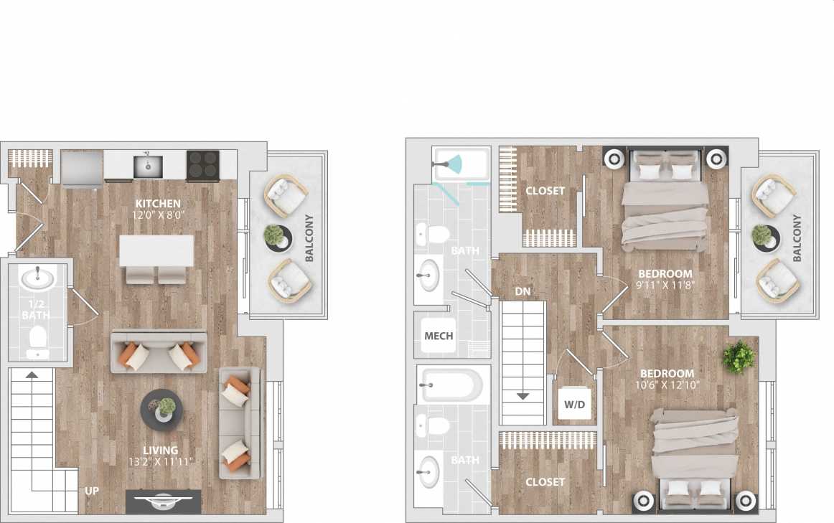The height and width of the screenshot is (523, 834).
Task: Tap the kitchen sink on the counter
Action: tap(147, 166)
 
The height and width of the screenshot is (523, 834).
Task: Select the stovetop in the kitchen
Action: tap(202, 166)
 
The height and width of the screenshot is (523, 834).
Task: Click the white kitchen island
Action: tap(157, 250)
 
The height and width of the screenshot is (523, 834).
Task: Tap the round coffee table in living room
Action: tap(161, 410)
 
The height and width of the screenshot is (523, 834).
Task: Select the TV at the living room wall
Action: tap(163, 501)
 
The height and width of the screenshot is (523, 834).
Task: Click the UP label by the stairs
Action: tap(92, 491)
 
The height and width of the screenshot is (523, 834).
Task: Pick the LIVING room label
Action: tap(160, 451)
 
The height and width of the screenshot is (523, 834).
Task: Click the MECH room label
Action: tap(439, 336)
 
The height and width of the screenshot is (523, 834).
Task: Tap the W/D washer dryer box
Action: tap(574, 405)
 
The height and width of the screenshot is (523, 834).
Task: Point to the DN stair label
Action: tap(523, 291)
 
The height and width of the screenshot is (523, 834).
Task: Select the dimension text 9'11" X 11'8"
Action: tap(665, 285)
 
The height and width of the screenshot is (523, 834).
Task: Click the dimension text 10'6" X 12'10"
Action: tap(667, 385)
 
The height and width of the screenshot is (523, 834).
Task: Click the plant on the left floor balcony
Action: tap(273, 237)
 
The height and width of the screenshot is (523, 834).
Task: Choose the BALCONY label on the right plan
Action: tap(797, 237)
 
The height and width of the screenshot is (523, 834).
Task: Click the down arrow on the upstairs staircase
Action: tap(523, 396)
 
